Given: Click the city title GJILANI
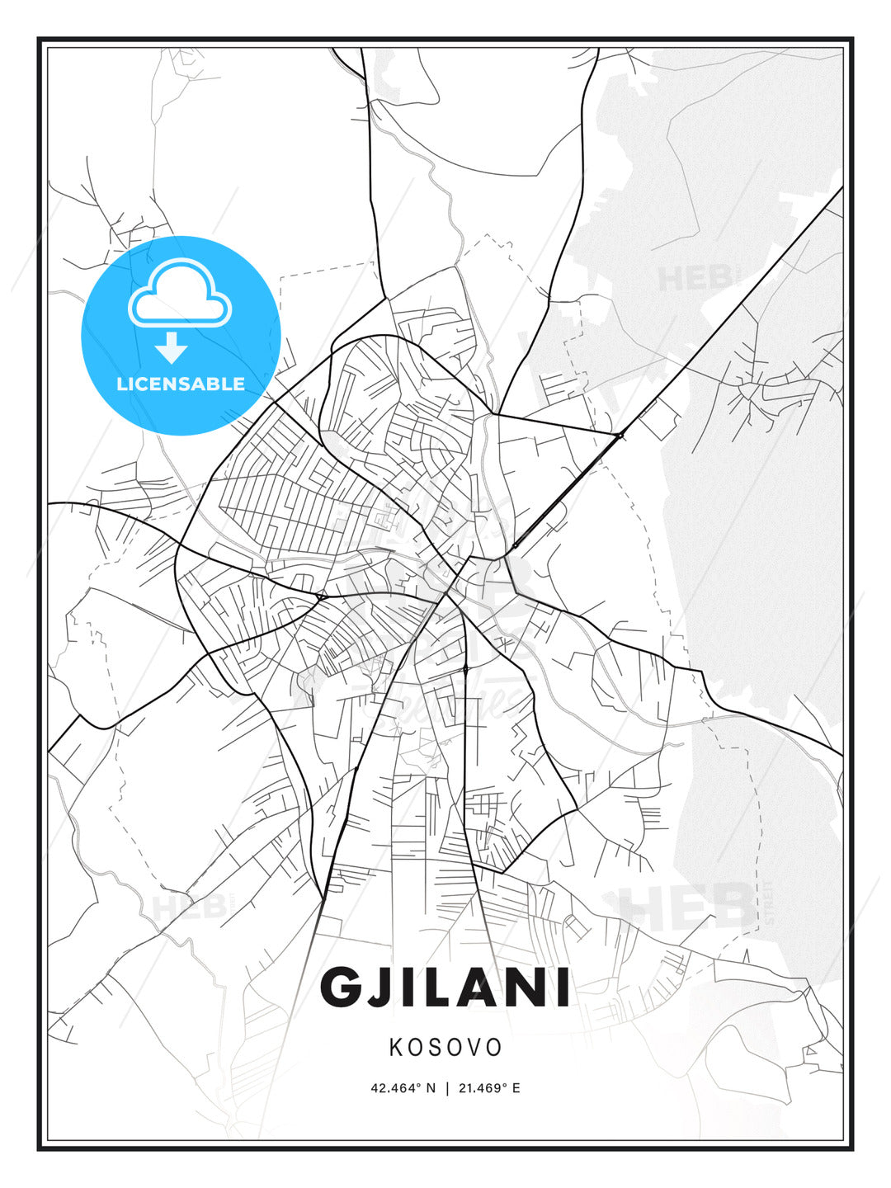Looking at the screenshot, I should point(445,988).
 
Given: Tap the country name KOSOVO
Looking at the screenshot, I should point(445,1048).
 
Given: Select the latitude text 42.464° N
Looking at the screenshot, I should point(403,1088).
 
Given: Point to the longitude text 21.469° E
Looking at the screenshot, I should point(488,1088).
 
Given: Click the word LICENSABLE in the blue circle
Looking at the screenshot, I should point(181,384).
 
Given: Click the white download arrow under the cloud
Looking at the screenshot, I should point(172,348).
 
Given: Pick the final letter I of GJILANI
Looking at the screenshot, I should point(562,988).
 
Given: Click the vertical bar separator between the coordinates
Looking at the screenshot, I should point(446,1088).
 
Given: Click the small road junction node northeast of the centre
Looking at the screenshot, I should point(619,434).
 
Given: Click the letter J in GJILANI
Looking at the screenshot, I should point(381,988).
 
